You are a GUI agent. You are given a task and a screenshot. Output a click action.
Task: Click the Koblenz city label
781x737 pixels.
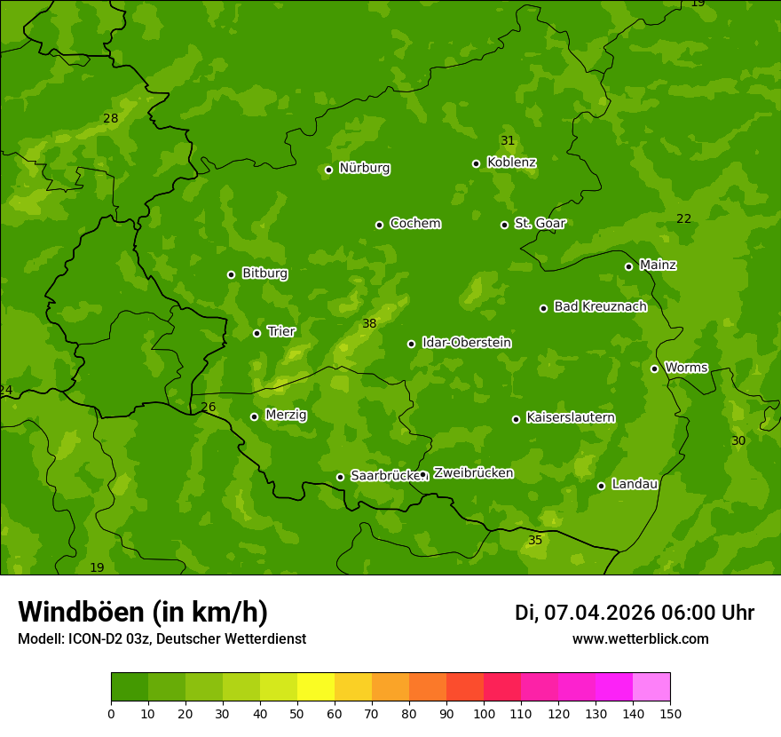[511, 162]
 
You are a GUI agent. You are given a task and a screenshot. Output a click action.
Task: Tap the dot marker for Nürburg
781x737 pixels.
[328, 170]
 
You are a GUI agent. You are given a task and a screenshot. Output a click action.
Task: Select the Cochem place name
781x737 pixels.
[414, 224]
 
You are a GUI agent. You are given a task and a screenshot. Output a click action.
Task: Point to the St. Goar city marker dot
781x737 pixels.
[504, 225]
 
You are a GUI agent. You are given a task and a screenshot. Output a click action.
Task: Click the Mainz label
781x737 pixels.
[658, 265]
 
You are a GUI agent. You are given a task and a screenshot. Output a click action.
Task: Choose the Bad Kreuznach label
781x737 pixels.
[600, 306]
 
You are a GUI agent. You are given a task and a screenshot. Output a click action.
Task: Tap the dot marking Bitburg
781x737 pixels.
[231, 274]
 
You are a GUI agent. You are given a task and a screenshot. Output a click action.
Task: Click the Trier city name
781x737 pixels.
[281, 331]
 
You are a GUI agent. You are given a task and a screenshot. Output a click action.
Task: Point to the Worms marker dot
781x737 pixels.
[654, 368]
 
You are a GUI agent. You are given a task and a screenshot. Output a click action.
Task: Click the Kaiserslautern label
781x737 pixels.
[570, 417]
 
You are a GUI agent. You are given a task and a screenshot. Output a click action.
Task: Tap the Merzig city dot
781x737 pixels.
[254, 416]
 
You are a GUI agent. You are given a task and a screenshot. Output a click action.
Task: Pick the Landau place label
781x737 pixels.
[635, 484]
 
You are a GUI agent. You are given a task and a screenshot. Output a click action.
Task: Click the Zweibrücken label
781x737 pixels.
[473, 473]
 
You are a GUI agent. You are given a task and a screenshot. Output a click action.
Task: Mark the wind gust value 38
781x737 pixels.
[369, 324]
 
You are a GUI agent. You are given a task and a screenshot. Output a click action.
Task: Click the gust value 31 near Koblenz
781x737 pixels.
[508, 141]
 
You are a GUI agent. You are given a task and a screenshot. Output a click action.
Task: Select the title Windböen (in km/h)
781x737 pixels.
[143, 612]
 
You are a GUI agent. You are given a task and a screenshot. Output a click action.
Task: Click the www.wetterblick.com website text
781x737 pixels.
[640, 638]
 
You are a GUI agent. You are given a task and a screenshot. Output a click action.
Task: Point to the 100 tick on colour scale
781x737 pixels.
[484, 713]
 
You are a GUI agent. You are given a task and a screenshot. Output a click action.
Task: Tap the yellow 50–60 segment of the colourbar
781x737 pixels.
[316, 687]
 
